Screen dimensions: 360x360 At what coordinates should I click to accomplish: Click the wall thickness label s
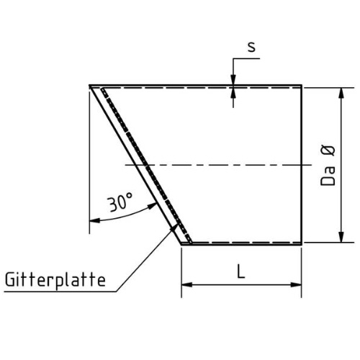(x=251, y=47)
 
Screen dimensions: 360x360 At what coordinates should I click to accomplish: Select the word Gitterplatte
(x=55, y=279)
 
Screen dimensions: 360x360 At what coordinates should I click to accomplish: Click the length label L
(x=240, y=271)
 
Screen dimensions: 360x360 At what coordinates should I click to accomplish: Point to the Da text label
(x=328, y=178)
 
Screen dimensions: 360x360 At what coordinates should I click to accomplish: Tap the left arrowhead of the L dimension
(x=186, y=284)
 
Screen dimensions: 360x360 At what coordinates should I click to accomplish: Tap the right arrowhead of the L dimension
(x=296, y=284)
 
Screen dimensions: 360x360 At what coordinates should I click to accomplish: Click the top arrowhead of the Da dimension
(x=341, y=93)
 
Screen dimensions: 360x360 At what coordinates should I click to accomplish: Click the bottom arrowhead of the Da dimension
(x=341, y=237)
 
